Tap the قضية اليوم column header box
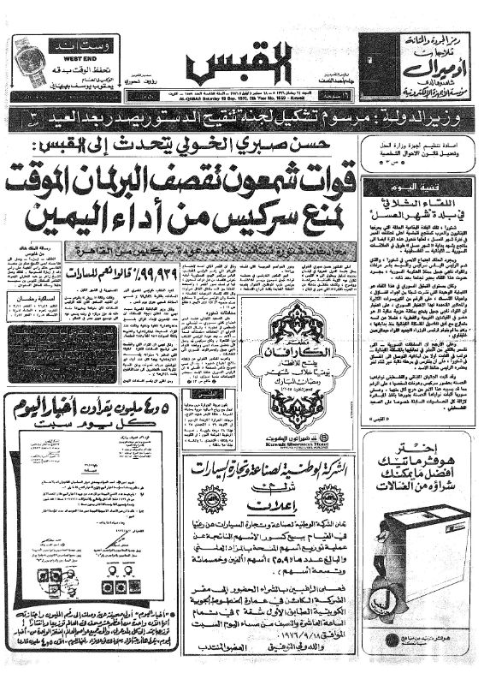(x=418, y=185)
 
